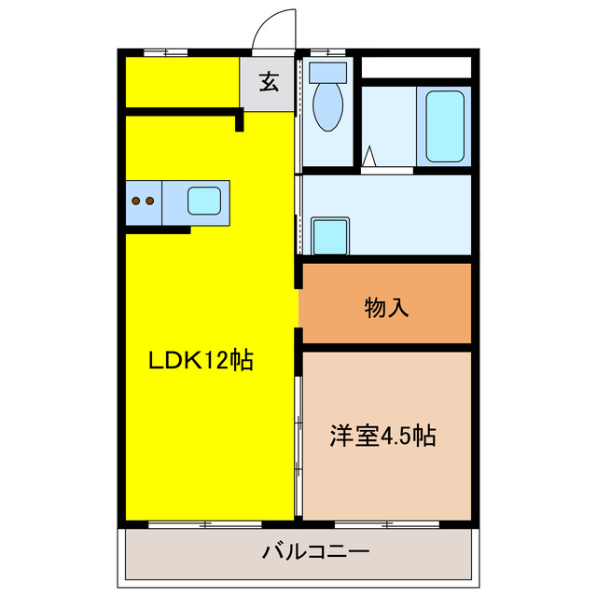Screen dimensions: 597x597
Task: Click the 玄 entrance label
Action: tap(269, 82)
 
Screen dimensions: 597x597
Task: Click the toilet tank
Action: tap(326, 70)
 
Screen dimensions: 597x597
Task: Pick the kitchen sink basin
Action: tap(205, 201)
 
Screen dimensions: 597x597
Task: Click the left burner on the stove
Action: tap(135, 200)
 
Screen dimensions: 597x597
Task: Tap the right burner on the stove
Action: tap(148, 200)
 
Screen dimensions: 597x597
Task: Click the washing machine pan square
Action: tap(331, 235)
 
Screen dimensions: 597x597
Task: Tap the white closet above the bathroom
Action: tap(415, 68)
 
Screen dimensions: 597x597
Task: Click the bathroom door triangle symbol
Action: tap(370, 157)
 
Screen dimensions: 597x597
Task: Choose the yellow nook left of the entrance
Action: tap(179, 82)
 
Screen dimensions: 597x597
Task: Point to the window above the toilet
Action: tap(326, 51)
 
